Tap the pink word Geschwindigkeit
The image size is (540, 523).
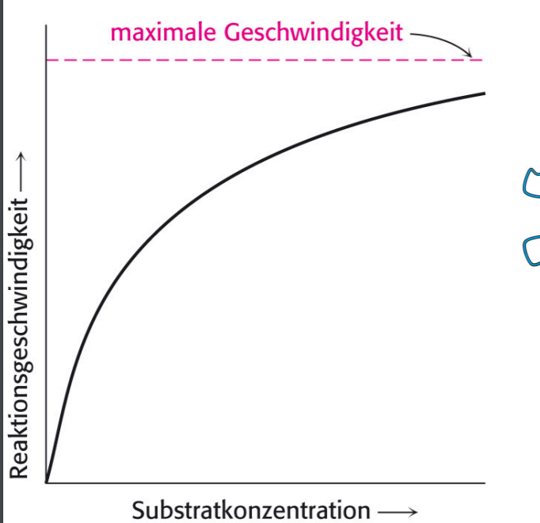314,33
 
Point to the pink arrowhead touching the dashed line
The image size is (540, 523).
473,55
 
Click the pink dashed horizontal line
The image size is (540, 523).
261,60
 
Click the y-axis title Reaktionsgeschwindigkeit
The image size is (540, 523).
21,333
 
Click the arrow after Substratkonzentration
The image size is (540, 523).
397,509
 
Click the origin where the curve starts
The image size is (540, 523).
47,482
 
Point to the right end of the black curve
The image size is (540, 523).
484,94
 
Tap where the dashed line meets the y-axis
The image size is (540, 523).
47,60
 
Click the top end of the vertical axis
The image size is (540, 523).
47,26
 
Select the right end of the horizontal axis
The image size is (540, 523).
484,482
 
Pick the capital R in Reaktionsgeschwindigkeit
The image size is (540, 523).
21,471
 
